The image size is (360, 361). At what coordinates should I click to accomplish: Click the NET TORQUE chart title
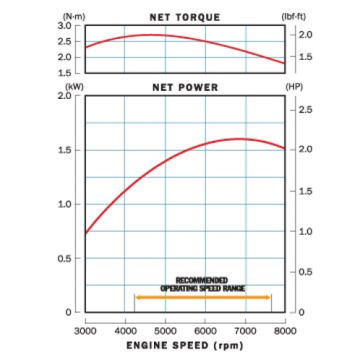[x=185, y=17]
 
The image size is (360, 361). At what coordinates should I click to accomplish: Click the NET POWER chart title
[x=185, y=87]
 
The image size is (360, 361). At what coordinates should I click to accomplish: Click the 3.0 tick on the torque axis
[x=64, y=26]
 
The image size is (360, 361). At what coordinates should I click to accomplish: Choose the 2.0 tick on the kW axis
[x=64, y=96]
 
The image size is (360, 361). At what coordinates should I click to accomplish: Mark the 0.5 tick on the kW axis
[x=64, y=258]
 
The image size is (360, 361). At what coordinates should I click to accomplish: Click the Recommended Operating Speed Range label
[x=202, y=284]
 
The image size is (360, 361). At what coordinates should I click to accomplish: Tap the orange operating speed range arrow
[x=202, y=297]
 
